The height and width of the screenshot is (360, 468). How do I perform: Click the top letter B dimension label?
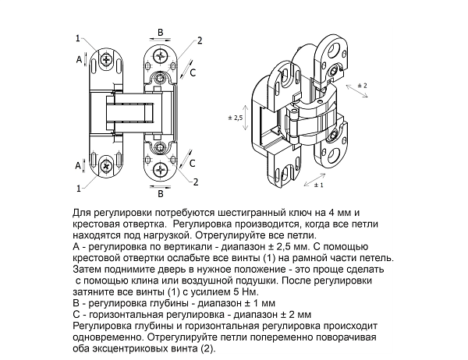pyautogui.click(x=160, y=32)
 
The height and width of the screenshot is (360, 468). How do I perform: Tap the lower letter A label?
pyautogui.click(x=79, y=166)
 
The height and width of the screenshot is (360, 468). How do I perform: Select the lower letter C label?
pyautogui.click(x=193, y=162)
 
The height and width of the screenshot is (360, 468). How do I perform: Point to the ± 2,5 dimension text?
pyautogui.click(x=235, y=116)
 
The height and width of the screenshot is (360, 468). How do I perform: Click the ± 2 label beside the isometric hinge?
pyautogui.click(x=361, y=83)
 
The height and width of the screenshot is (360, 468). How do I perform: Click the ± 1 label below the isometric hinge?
pyautogui.click(x=318, y=187)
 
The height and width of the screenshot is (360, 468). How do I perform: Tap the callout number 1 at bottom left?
pyautogui.click(x=78, y=188)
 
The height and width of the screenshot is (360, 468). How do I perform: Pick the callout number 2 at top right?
pyautogui.click(x=200, y=41)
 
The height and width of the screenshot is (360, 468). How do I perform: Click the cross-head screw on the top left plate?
pyautogui.click(x=105, y=60)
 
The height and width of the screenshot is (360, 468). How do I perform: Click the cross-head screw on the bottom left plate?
pyautogui.click(x=105, y=165)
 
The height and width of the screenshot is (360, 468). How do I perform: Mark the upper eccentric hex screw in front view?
pyautogui.click(x=161, y=79)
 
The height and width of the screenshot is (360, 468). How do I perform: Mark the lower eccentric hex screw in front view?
pyautogui.click(x=161, y=146)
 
